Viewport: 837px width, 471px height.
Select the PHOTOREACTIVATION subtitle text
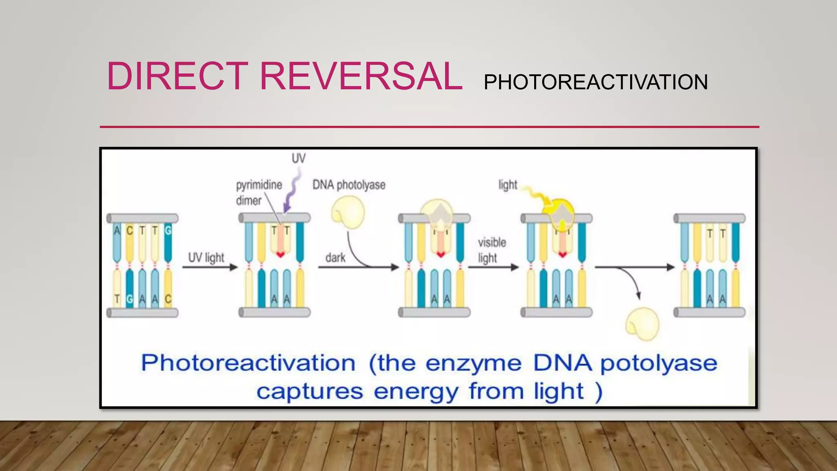(x=595, y=82)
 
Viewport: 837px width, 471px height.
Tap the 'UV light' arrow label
(x=206, y=258)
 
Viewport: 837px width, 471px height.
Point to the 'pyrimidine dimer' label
(x=258, y=192)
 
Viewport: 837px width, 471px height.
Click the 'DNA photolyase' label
(x=349, y=185)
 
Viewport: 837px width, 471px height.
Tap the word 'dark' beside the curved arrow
(x=335, y=258)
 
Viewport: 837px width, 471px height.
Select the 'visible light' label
(x=492, y=250)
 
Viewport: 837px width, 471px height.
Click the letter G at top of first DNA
(x=168, y=231)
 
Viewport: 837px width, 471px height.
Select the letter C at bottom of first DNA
(x=168, y=299)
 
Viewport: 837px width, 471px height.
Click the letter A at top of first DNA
(x=117, y=231)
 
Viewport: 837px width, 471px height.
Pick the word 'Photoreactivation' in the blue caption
(x=248, y=363)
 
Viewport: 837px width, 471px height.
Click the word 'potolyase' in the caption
(x=658, y=363)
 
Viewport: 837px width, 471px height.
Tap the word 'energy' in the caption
(x=416, y=391)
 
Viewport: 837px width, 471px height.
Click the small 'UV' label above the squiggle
(x=298, y=158)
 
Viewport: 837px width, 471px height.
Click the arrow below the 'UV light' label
(x=209, y=267)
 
